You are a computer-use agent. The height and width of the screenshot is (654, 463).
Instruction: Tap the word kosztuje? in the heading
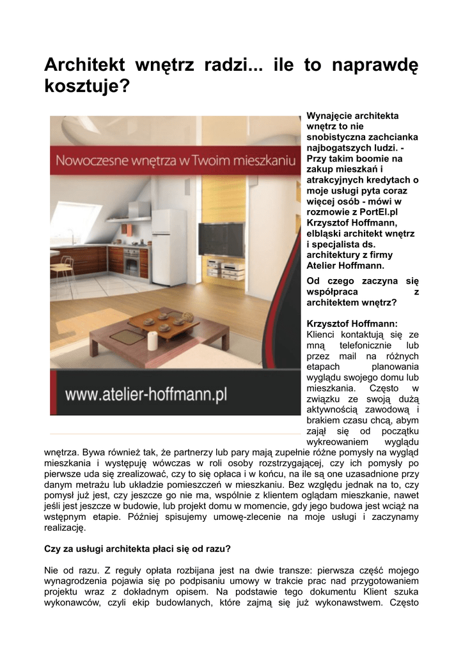86,85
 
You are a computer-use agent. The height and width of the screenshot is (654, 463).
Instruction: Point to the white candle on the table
153,340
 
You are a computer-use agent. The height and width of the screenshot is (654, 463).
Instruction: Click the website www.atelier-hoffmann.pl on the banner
146,393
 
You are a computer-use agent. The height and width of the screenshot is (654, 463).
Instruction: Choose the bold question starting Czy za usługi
137,549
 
